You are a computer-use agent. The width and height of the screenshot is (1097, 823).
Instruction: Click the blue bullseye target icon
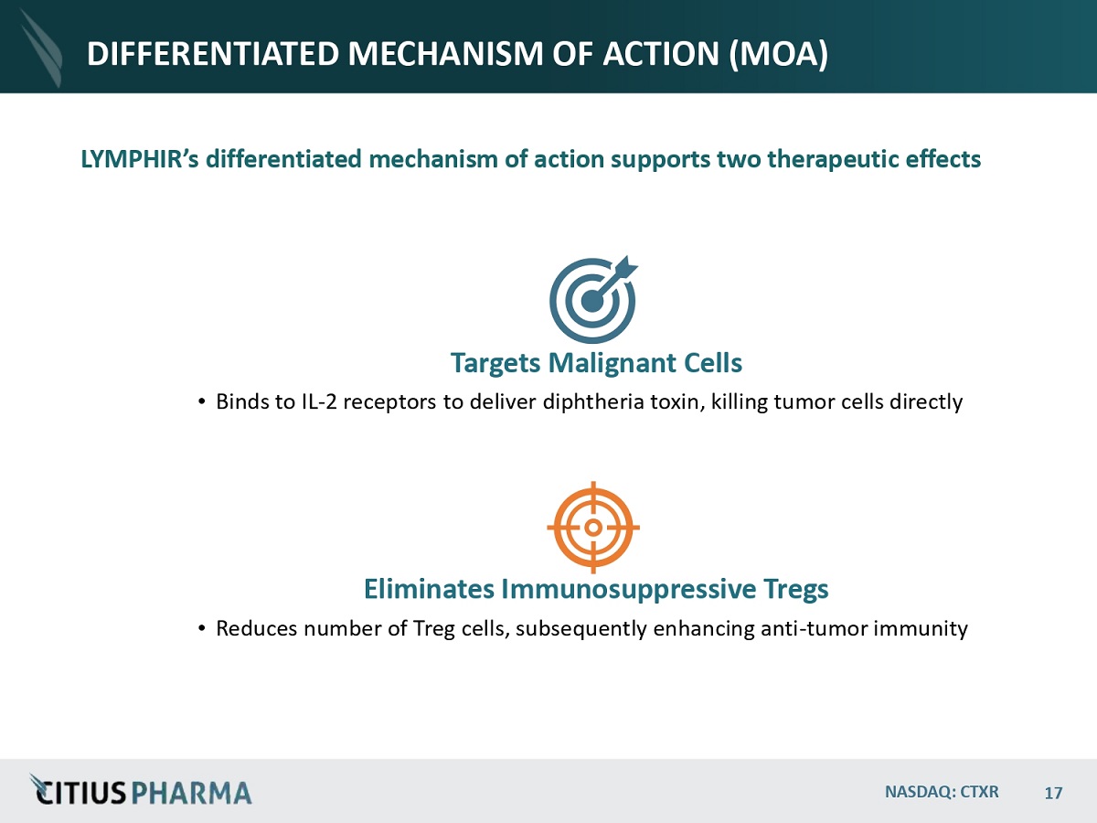[x=592, y=301]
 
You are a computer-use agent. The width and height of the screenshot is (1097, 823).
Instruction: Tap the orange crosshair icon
[x=593, y=528]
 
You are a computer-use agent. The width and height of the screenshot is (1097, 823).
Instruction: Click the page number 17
[x=1053, y=792]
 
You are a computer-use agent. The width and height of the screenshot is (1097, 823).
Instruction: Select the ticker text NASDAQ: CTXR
[x=942, y=791]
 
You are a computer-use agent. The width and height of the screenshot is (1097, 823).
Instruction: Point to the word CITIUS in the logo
[x=88, y=792]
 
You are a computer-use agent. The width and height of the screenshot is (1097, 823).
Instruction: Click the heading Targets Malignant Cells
[x=596, y=363]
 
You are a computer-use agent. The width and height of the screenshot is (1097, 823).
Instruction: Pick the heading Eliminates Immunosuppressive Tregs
[x=596, y=589]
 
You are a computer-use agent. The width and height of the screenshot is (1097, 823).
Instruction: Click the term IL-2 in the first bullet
[x=316, y=401]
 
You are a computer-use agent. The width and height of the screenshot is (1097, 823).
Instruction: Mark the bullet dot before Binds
[x=201, y=402]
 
